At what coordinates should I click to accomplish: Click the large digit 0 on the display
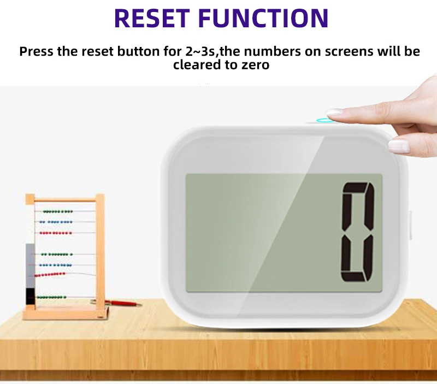click(358, 232)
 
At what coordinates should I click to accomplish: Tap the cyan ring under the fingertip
click(325, 120)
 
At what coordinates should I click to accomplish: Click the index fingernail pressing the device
click(334, 113)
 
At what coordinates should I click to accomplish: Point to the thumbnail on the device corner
click(398, 145)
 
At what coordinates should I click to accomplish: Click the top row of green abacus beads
click(58, 211)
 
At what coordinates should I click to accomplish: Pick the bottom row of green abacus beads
click(52, 297)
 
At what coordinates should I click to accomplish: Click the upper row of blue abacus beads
click(58, 222)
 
